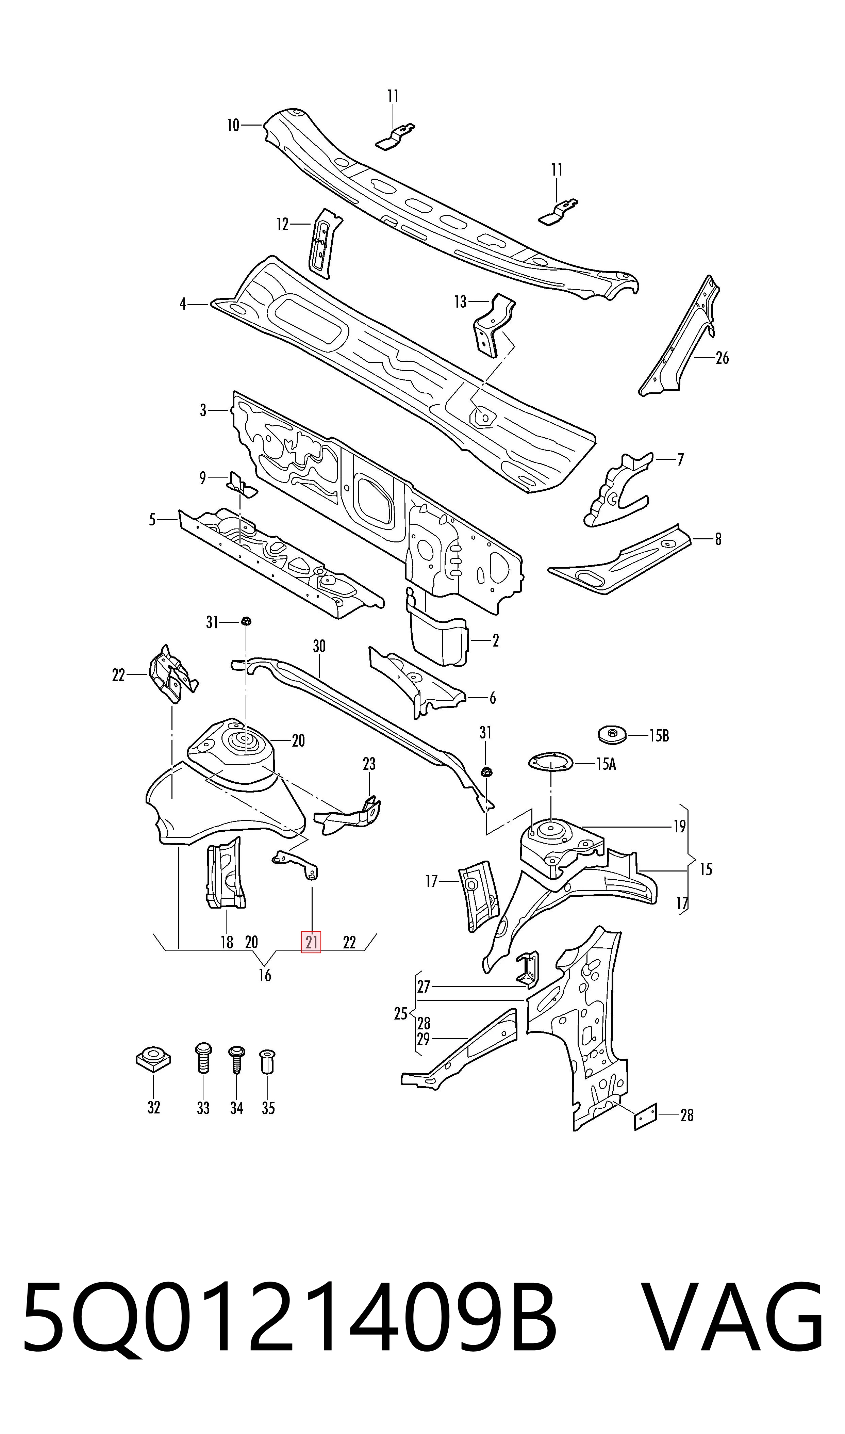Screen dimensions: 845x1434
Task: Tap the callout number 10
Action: tap(233, 125)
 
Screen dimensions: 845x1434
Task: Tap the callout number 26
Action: tap(722, 358)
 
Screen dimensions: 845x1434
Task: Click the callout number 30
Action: tap(319, 646)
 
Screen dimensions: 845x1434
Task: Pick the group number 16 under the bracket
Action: tap(265, 975)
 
